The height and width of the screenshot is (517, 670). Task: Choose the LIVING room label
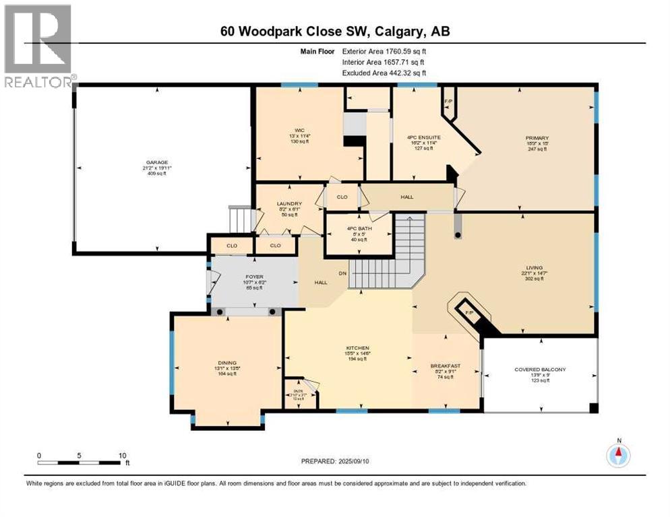tap(535, 267)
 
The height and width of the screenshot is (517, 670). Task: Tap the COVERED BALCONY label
tap(540, 369)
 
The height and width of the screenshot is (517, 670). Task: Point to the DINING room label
tap(226, 363)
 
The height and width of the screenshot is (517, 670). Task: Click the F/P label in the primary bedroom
tap(448, 102)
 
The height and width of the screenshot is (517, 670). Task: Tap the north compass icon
tap(618, 455)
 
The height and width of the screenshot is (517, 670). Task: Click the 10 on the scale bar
tap(122, 455)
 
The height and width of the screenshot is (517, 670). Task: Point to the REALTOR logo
tap(38, 46)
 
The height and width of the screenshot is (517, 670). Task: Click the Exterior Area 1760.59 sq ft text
tap(384, 50)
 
